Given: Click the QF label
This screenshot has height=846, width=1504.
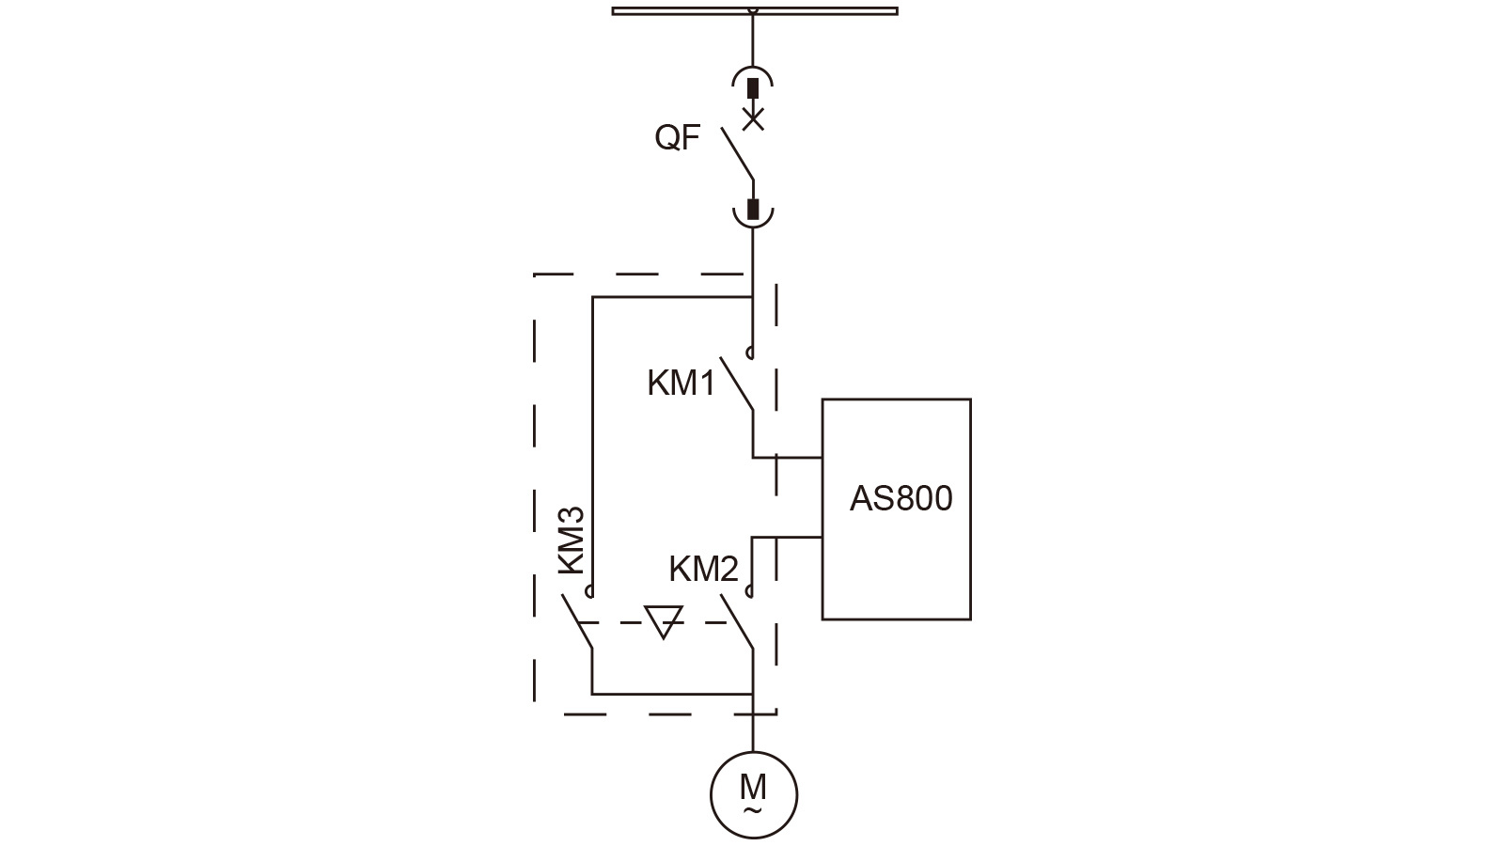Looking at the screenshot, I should [678, 138].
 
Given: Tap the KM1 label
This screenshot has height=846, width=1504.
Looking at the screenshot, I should [681, 384].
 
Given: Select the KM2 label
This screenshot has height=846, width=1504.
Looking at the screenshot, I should [704, 570].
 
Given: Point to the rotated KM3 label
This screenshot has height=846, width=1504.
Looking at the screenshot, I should [572, 540].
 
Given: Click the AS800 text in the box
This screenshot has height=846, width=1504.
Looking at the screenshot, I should [901, 498].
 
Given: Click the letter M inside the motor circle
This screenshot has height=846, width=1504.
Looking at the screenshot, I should [753, 786].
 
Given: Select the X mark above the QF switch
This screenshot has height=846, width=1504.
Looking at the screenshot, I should [753, 118].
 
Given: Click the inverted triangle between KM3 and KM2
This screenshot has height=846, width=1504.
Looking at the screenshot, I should [663, 620].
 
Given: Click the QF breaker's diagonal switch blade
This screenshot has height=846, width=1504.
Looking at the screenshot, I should [738, 153].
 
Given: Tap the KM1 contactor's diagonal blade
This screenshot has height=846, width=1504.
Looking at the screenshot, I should [737, 384].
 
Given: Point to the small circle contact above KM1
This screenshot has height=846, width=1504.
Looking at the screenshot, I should [750, 354].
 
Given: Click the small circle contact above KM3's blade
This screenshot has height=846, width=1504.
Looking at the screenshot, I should [590, 591].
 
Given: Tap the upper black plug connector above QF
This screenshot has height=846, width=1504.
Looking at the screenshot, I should [753, 88].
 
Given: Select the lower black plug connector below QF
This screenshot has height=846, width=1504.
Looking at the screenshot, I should [753, 209].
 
